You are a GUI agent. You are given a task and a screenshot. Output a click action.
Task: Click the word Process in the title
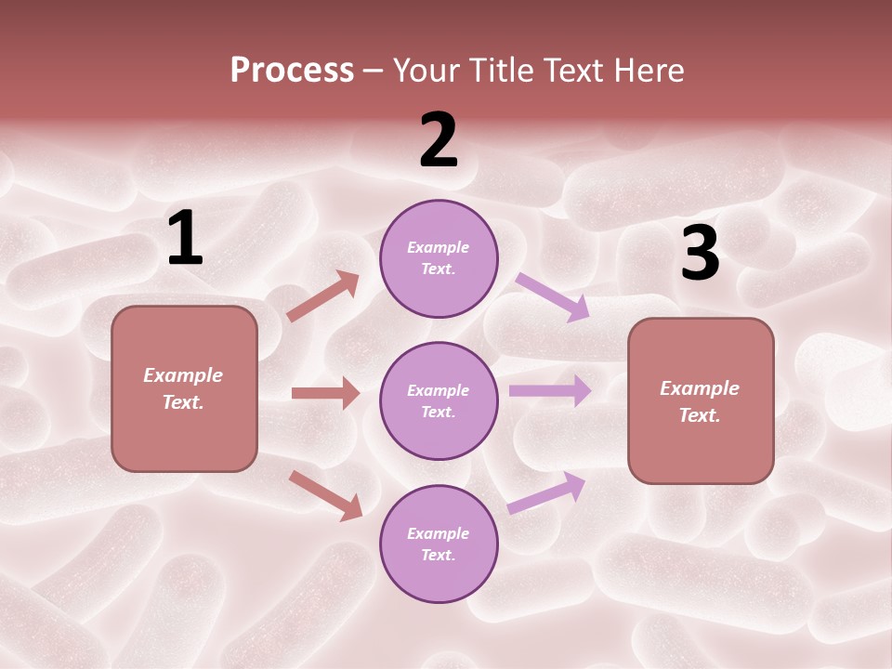[x=292, y=71]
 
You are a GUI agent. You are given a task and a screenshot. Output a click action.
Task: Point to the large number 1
[x=185, y=239]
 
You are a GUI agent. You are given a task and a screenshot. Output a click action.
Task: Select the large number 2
[x=439, y=140]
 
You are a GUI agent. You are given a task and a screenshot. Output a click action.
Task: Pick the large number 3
[x=701, y=254]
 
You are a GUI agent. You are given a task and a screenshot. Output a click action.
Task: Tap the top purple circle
[x=439, y=258]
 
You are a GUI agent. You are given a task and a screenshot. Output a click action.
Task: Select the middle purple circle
[x=439, y=400]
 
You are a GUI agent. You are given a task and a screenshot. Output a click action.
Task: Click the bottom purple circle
[x=439, y=544]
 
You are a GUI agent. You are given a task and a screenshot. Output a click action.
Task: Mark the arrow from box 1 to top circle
[x=322, y=296]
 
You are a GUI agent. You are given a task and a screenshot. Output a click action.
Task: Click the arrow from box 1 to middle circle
[x=325, y=393]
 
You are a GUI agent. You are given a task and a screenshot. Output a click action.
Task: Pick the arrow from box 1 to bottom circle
[x=325, y=495]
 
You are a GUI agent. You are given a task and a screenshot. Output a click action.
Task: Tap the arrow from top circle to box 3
[x=553, y=297]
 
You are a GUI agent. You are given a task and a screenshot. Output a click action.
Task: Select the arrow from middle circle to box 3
[x=550, y=391]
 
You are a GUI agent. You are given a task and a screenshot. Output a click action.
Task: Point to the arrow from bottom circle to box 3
[x=546, y=493]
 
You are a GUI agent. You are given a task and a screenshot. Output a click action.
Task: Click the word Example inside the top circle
[x=439, y=248]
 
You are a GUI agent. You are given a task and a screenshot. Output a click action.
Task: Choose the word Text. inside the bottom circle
[x=439, y=555]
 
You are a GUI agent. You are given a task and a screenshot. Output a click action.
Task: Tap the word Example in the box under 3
[x=700, y=388]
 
